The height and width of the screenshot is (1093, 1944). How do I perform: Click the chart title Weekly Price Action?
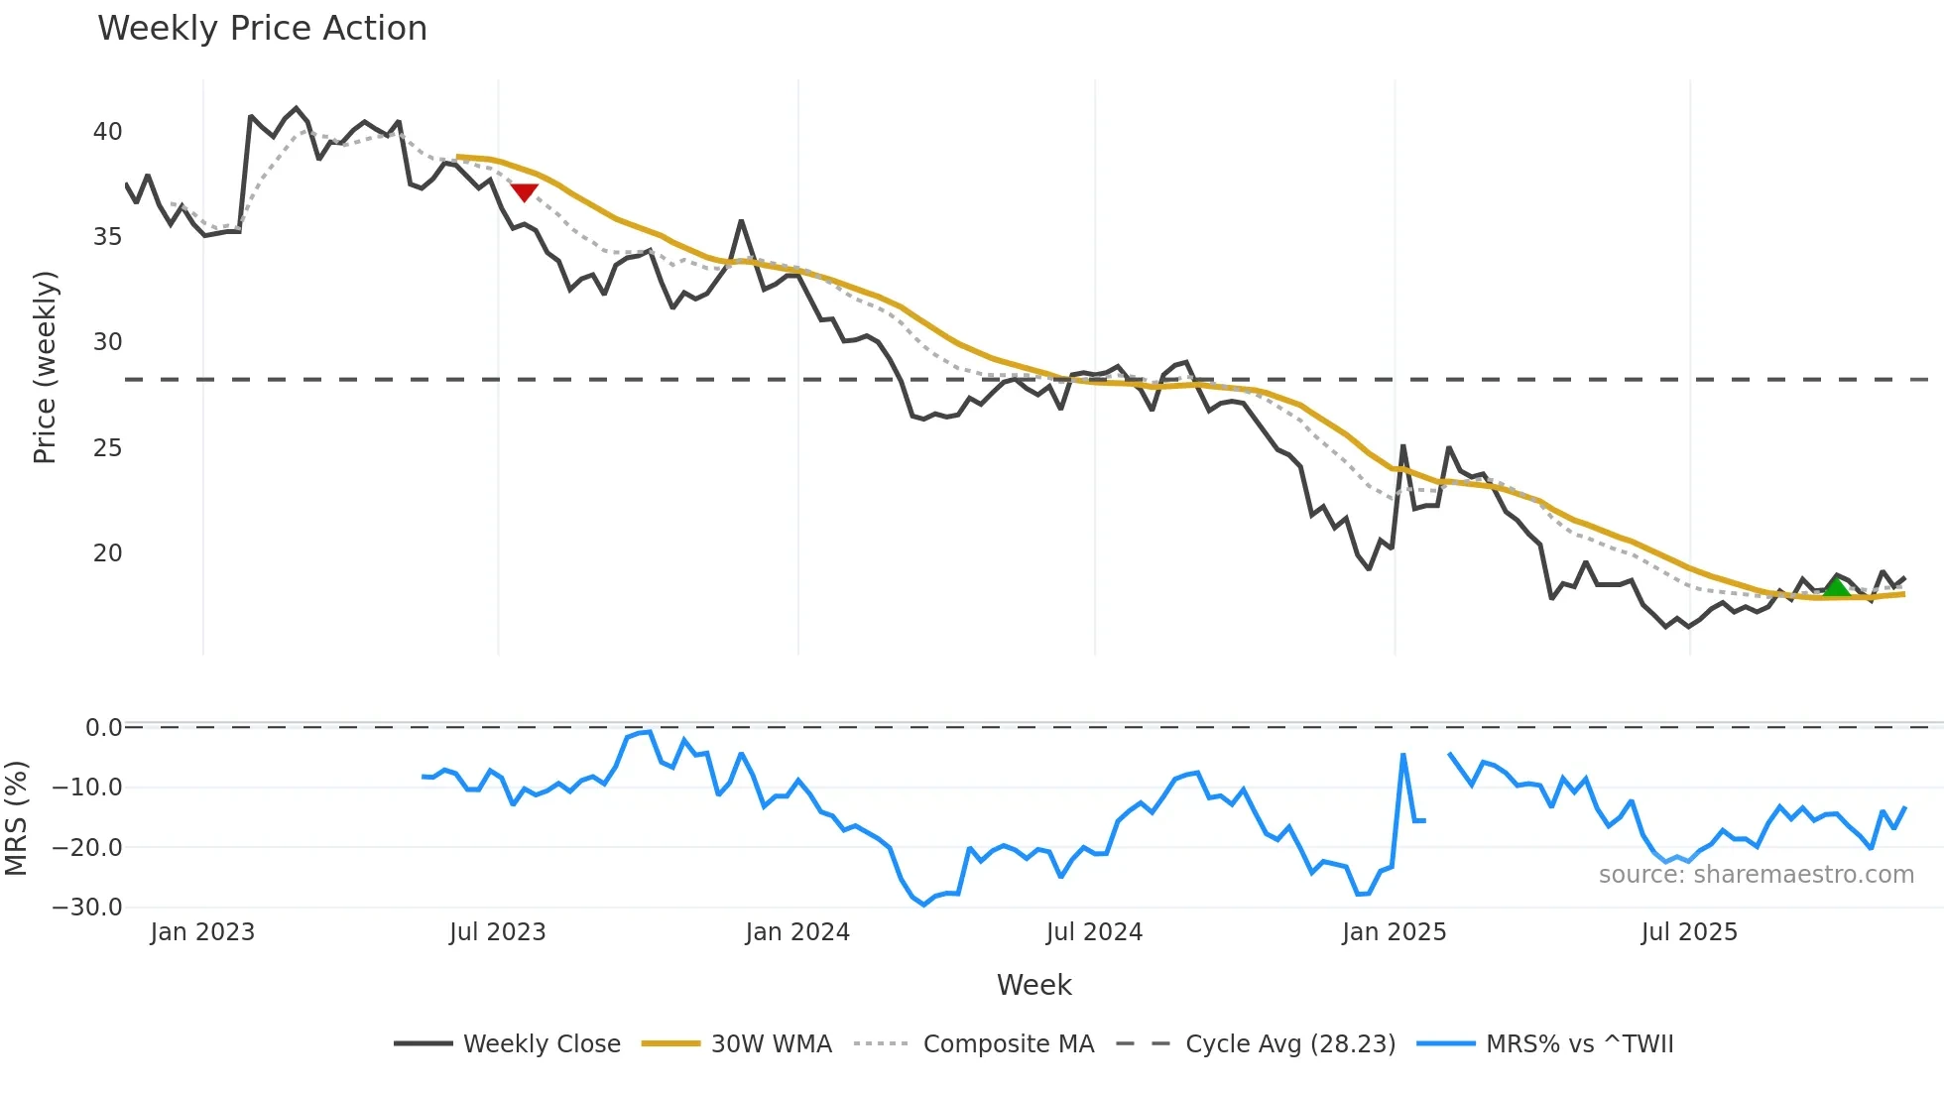[262, 29]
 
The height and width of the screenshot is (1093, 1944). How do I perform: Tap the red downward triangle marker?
[524, 192]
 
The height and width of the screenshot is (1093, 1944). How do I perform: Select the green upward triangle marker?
[1836, 587]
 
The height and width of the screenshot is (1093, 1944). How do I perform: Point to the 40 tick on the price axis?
[107, 132]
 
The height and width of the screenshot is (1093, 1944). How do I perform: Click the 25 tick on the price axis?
[107, 448]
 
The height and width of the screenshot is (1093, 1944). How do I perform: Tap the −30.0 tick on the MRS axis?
[87, 908]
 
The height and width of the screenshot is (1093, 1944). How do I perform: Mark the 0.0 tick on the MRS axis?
[103, 728]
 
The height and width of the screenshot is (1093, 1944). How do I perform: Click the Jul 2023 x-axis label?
[497, 932]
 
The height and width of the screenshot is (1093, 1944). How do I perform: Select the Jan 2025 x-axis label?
[1394, 932]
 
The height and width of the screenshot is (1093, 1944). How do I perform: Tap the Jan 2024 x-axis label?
[797, 932]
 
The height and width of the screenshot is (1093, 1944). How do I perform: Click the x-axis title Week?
[1033, 985]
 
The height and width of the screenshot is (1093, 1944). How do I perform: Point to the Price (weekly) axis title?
[45, 367]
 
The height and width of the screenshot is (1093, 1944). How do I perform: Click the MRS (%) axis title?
[16, 818]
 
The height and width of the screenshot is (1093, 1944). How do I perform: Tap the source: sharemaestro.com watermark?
[1756, 875]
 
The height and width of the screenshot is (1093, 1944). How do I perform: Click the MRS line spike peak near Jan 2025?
[1403, 755]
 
